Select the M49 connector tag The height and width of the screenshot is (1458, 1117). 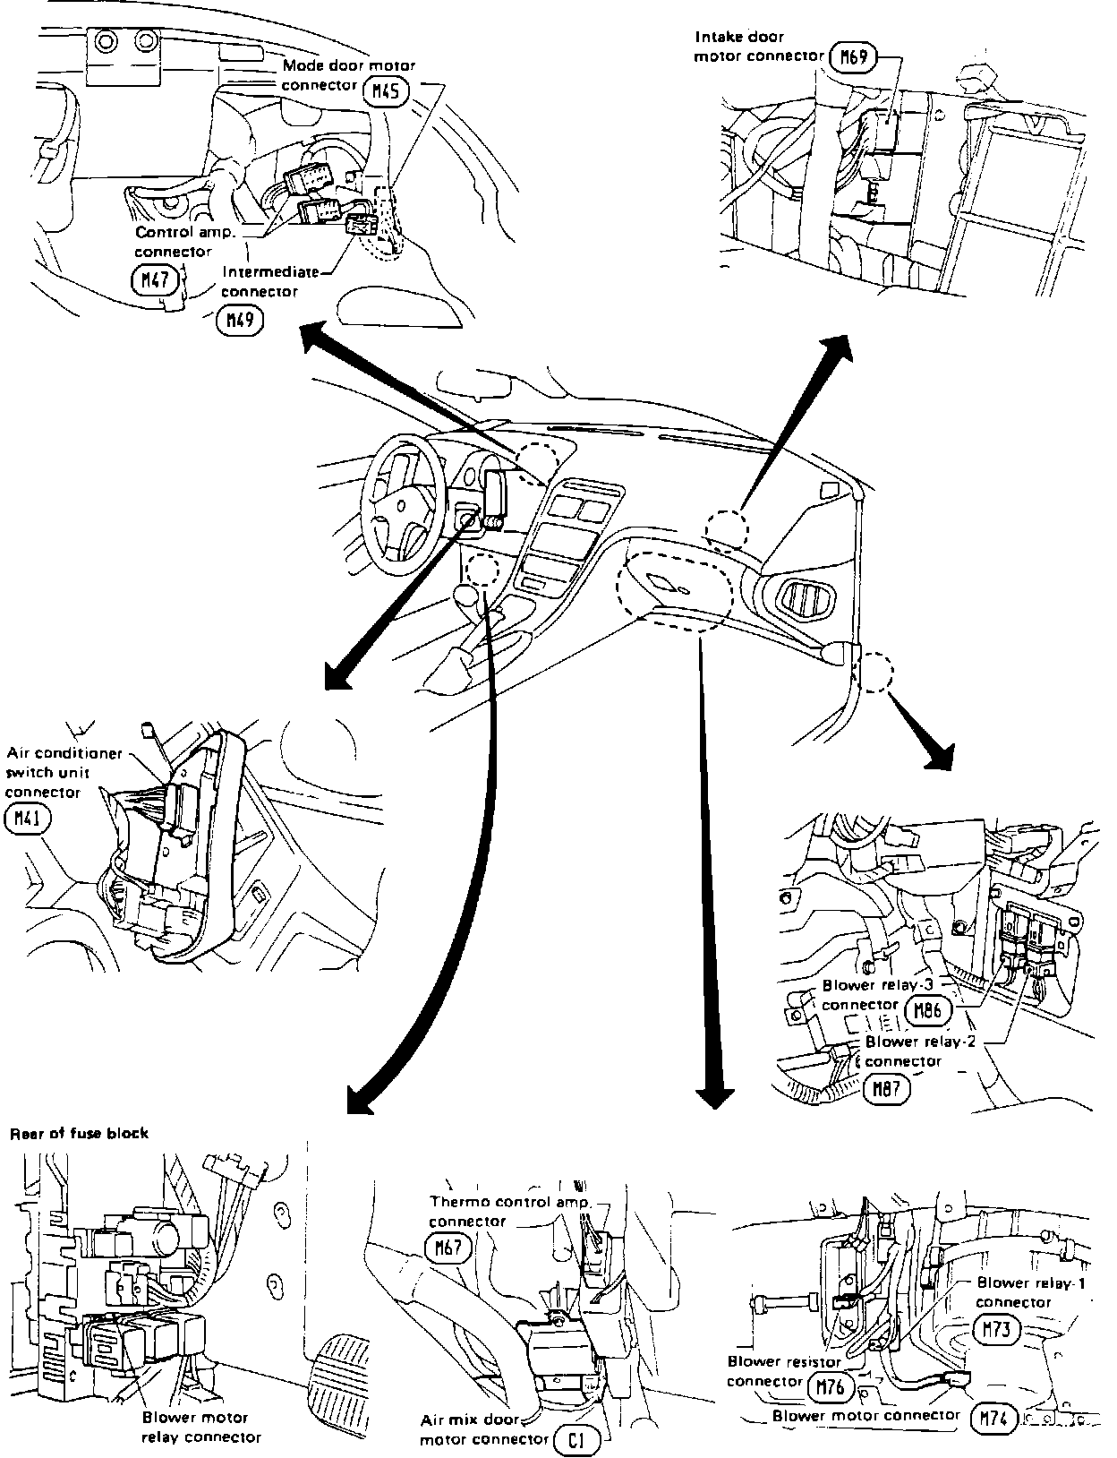point(240,320)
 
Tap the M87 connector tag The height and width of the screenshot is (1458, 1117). point(887,1088)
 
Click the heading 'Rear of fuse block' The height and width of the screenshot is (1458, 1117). point(79,1133)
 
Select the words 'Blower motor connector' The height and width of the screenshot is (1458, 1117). point(865,1415)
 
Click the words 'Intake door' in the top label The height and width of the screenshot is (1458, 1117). point(739,37)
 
